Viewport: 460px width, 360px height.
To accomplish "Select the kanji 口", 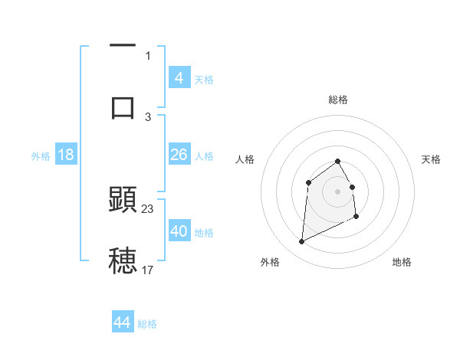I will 123,106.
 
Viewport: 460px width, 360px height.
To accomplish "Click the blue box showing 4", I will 179,78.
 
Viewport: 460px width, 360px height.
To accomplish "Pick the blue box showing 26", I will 179,155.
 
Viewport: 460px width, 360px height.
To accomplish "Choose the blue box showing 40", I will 179,231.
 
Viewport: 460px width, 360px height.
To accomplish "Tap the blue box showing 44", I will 123,322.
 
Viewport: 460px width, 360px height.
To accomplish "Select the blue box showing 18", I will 66,155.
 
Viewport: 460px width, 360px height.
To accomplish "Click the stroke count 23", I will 148,209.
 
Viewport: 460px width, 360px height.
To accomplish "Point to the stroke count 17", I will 148,270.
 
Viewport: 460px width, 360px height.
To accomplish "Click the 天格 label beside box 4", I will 204,80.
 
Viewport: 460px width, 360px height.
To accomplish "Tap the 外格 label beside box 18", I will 41,156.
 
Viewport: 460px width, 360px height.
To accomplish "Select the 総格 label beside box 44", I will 147,324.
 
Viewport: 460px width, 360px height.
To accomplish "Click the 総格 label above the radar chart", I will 338,100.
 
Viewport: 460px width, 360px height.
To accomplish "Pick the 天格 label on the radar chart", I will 431,159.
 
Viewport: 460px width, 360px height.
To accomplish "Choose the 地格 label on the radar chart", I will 402,262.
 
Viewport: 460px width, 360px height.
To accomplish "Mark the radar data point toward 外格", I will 301,242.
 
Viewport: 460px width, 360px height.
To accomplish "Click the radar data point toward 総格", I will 338,162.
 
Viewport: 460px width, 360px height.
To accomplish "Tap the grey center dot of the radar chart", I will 338,191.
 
